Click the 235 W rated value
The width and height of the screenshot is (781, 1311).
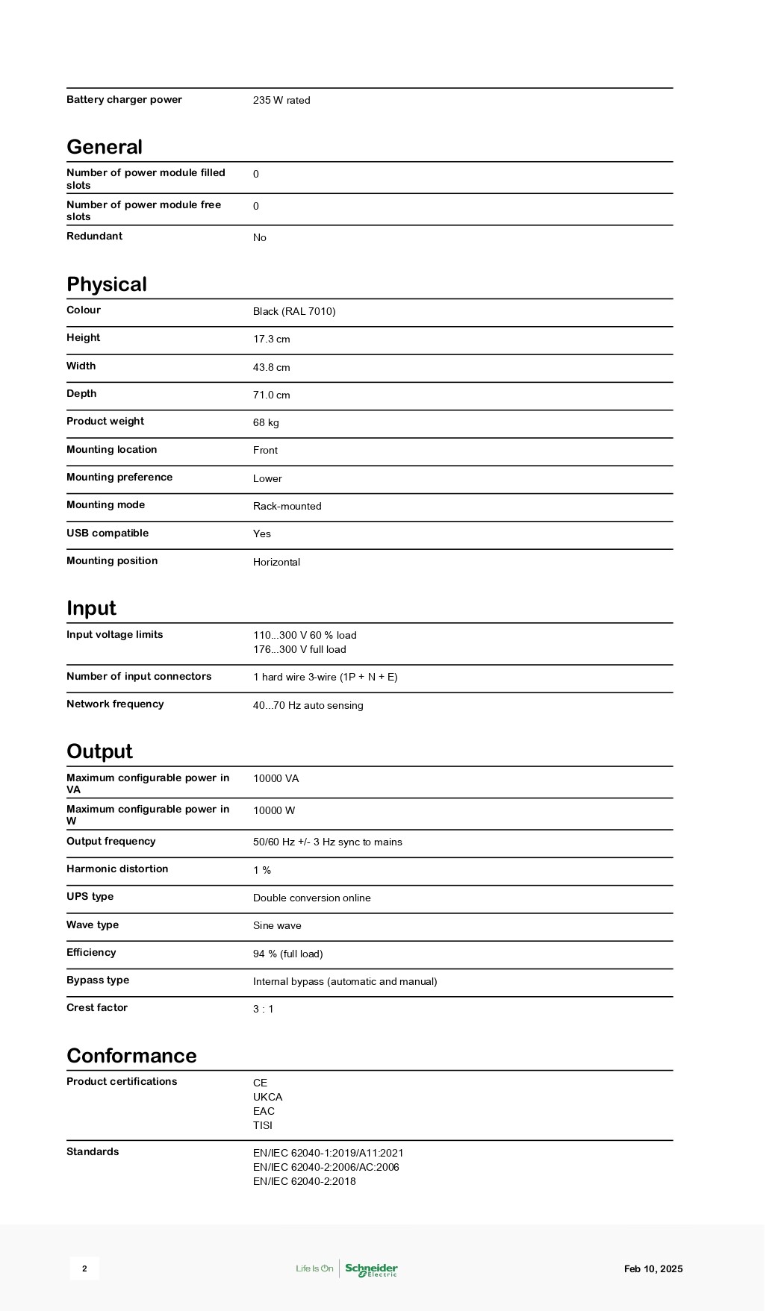tap(281, 101)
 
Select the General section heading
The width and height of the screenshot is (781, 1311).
tap(105, 147)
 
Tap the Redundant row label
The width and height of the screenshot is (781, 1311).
tap(94, 237)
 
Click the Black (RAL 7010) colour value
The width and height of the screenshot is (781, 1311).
tap(294, 312)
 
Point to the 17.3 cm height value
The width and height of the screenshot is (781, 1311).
tap(271, 340)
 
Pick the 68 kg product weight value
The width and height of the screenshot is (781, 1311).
tap(266, 423)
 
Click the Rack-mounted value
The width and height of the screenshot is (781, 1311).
tap(287, 507)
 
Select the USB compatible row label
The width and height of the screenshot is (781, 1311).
tap(108, 534)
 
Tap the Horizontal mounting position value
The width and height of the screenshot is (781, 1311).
tap(276, 563)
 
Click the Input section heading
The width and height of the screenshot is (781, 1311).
tap(91, 608)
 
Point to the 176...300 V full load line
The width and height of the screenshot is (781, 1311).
tap(299, 650)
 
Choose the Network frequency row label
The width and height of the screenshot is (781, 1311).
tap(115, 704)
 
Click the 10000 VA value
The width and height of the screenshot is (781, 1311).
tap(276, 779)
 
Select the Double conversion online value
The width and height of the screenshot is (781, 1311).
tap(311, 898)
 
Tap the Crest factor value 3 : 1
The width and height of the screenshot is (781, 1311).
tap(263, 1010)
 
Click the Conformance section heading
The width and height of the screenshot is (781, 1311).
tap(131, 1056)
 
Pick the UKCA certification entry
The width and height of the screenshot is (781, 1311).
tap(267, 1098)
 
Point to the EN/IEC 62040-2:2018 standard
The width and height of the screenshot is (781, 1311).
tap(304, 1182)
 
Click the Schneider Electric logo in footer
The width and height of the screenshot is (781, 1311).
tap(371, 1269)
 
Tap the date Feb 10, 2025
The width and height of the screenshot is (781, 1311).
tap(653, 1269)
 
